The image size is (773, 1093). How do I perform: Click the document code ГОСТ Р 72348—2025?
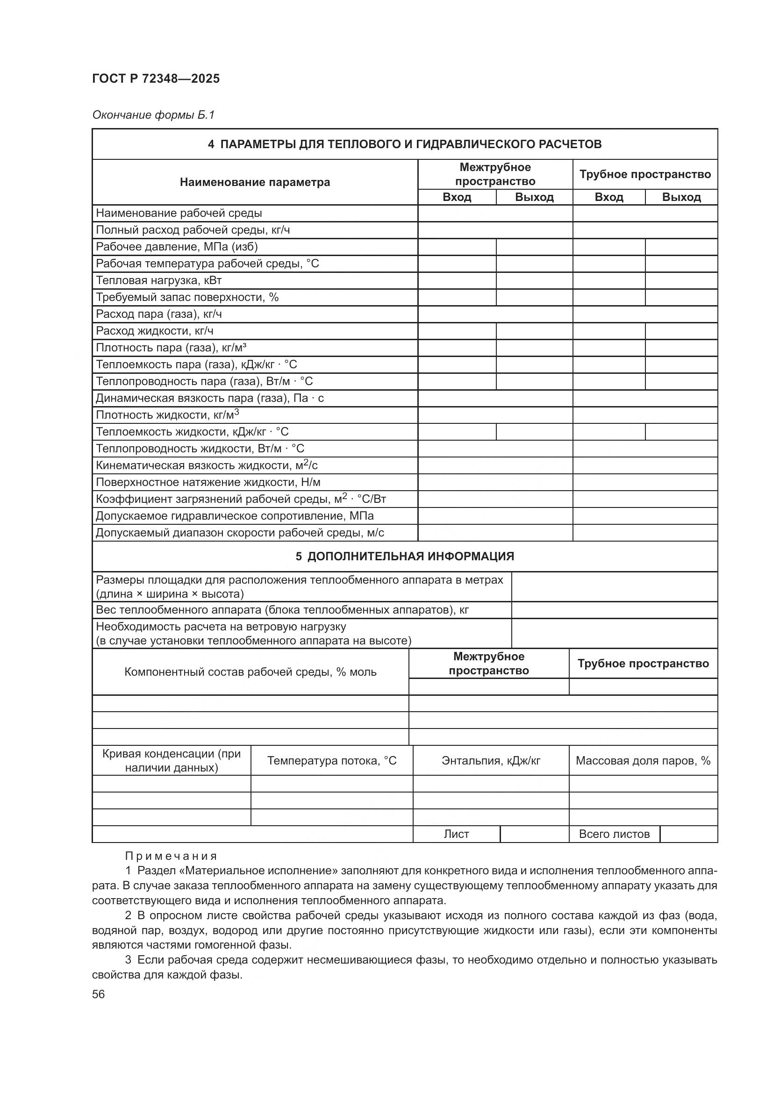[156, 79]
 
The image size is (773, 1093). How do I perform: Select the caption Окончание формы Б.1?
[153, 115]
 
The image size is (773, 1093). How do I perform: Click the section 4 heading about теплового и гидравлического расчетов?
[404, 144]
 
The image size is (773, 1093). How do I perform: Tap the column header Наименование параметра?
[255, 182]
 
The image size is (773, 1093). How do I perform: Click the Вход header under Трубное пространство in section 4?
[608, 197]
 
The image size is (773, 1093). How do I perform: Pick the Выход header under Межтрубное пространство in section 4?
[534, 197]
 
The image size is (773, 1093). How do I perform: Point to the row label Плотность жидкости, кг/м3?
[167, 414]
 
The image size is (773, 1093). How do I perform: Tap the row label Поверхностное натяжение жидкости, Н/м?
[208, 482]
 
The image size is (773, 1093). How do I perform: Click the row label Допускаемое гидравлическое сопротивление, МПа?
[235, 516]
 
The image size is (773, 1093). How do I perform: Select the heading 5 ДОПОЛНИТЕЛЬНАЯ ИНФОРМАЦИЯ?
[404, 556]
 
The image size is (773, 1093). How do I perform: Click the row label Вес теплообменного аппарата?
[282, 610]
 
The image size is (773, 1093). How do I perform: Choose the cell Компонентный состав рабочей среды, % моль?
[251, 672]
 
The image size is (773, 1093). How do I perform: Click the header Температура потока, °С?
[331, 761]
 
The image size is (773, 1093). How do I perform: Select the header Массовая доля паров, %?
[643, 761]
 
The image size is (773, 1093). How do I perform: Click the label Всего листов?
[614, 834]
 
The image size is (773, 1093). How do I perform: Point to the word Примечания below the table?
[171, 856]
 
